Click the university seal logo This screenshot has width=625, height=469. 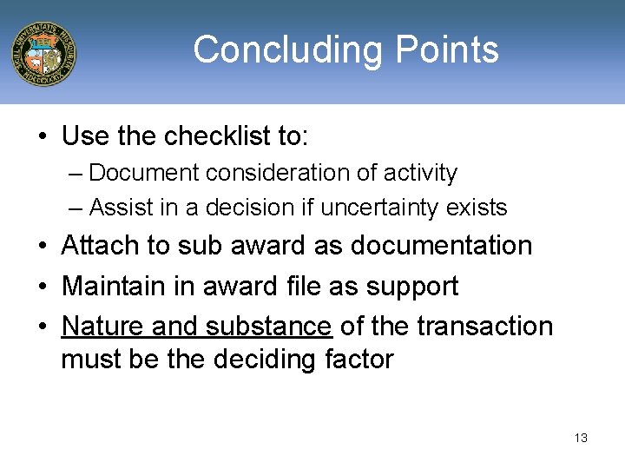43,54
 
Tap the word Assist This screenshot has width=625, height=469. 116,208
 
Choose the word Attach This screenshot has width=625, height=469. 100,246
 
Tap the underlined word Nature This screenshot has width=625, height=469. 103,326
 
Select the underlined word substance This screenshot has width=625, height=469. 269,326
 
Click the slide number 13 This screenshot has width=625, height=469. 581,438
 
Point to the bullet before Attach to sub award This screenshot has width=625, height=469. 43,247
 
